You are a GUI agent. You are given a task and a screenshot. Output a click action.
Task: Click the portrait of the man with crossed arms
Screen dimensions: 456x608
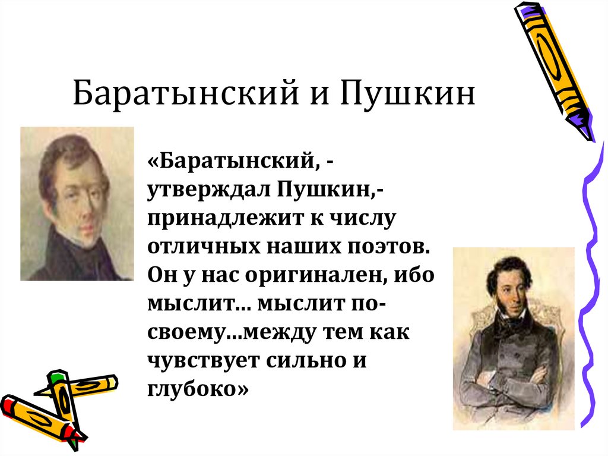[x=513, y=338]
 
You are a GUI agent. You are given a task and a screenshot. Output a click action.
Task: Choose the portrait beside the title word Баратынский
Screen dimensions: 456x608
[x=77, y=203]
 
